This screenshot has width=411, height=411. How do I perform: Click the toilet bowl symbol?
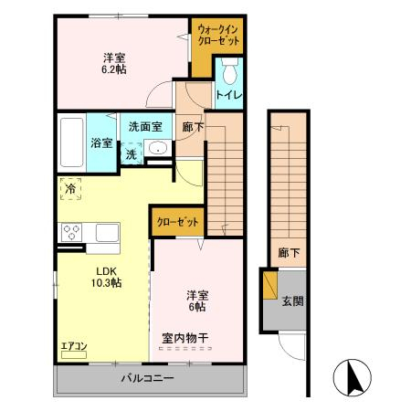pos(230,70)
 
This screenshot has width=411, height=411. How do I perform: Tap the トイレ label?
pos(229,95)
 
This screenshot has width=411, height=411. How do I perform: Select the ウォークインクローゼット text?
pos(218,35)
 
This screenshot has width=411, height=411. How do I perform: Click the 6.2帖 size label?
pos(114,69)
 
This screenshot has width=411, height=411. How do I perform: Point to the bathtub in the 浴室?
pos(72,142)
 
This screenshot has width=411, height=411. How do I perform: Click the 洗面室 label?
pos(145,127)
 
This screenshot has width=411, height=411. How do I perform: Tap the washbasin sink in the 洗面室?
pos(158,148)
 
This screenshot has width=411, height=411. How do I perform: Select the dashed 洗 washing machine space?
pos(132,154)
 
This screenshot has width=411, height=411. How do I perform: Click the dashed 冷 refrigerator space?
pos(70,189)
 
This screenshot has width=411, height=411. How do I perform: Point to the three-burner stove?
pos(72,233)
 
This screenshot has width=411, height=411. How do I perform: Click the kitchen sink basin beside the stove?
pos(107,233)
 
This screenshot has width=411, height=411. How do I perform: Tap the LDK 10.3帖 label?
pos(107,277)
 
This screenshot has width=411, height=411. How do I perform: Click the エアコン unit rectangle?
pos(74,355)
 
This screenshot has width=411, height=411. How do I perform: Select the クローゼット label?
pos(177,222)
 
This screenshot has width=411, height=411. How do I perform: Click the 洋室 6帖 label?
pos(197,301)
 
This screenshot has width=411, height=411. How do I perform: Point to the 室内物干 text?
pos(185,338)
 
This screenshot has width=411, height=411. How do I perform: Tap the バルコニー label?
pos(148,378)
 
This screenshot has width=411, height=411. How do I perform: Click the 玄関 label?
pos(292,301)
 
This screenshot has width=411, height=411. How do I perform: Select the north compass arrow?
pos(354,376)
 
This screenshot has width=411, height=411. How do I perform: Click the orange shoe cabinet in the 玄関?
pos(270,284)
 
